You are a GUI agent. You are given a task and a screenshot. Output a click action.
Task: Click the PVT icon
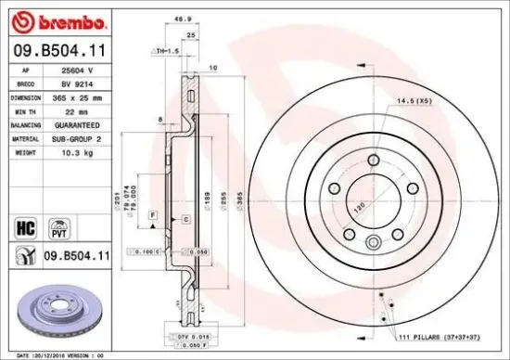tap(60, 225)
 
